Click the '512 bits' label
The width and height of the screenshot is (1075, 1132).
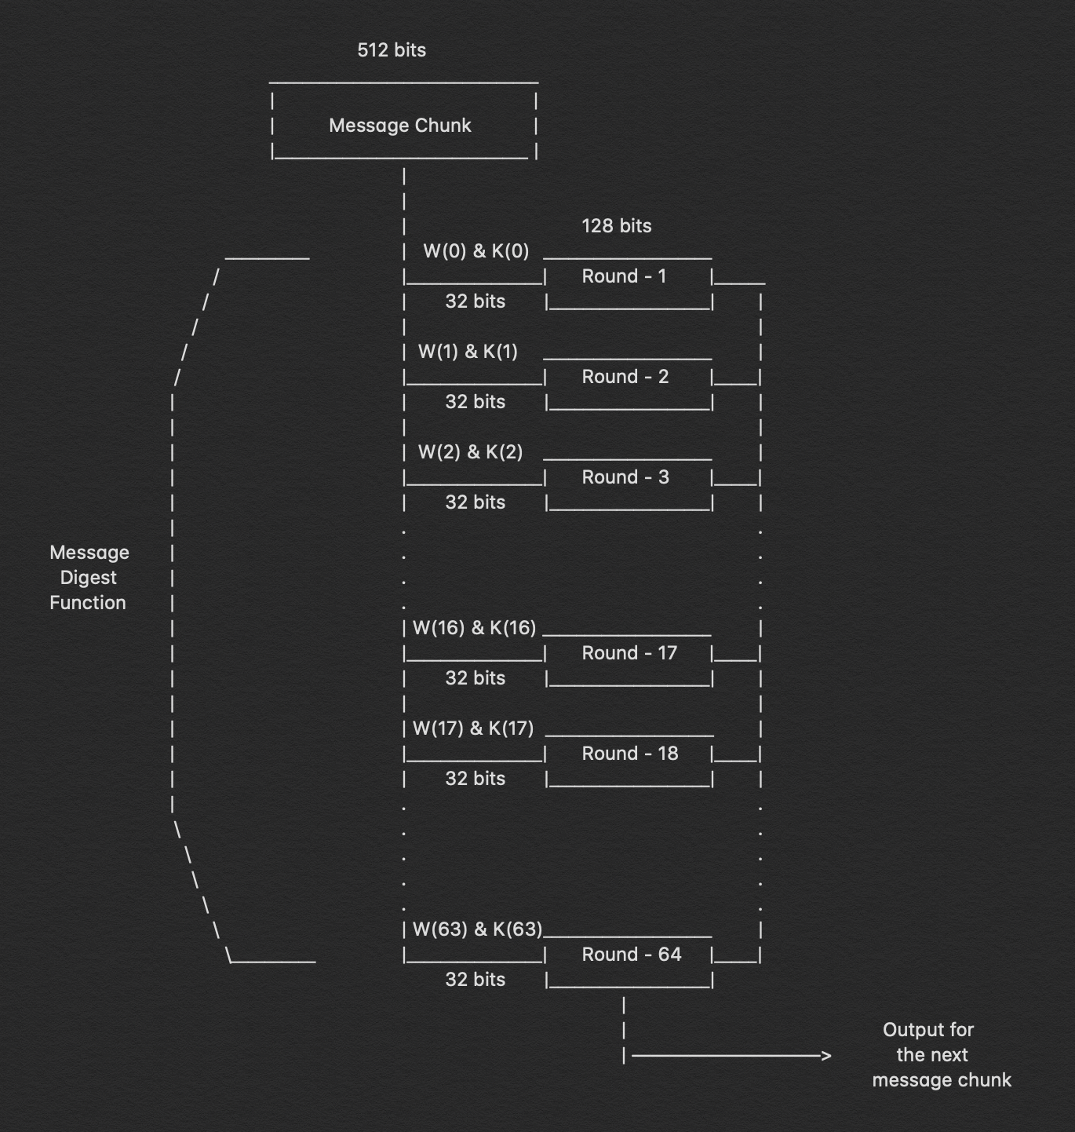pyautogui.click(x=392, y=50)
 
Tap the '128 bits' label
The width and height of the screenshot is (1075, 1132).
pyautogui.click(x=616, y=226)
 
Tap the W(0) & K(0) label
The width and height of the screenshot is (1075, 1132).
pyautogui.click(x=476, y=251)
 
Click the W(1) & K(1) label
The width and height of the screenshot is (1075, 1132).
pyautogui.click(x=468, y=352)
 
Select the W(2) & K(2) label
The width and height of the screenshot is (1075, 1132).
pyautogui.click(x=470, y=452)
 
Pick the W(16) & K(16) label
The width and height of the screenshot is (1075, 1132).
pyautogui.click(x=474, y=628)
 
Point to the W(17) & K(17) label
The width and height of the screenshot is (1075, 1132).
pyautogui.click(x=472, y=728)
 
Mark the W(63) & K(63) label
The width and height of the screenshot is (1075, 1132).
pyautogui.click(x=477, y=929)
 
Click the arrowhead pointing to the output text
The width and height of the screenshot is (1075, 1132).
pyautogui.click(x=825, y=1056)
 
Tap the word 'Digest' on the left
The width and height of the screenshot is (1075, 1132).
pyautogui.click(x=89, y=578)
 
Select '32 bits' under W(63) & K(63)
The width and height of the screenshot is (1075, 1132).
pyautogui.click(x=475, y=980)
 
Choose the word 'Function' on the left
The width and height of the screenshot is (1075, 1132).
pyautogui.click(x=88, y=603)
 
